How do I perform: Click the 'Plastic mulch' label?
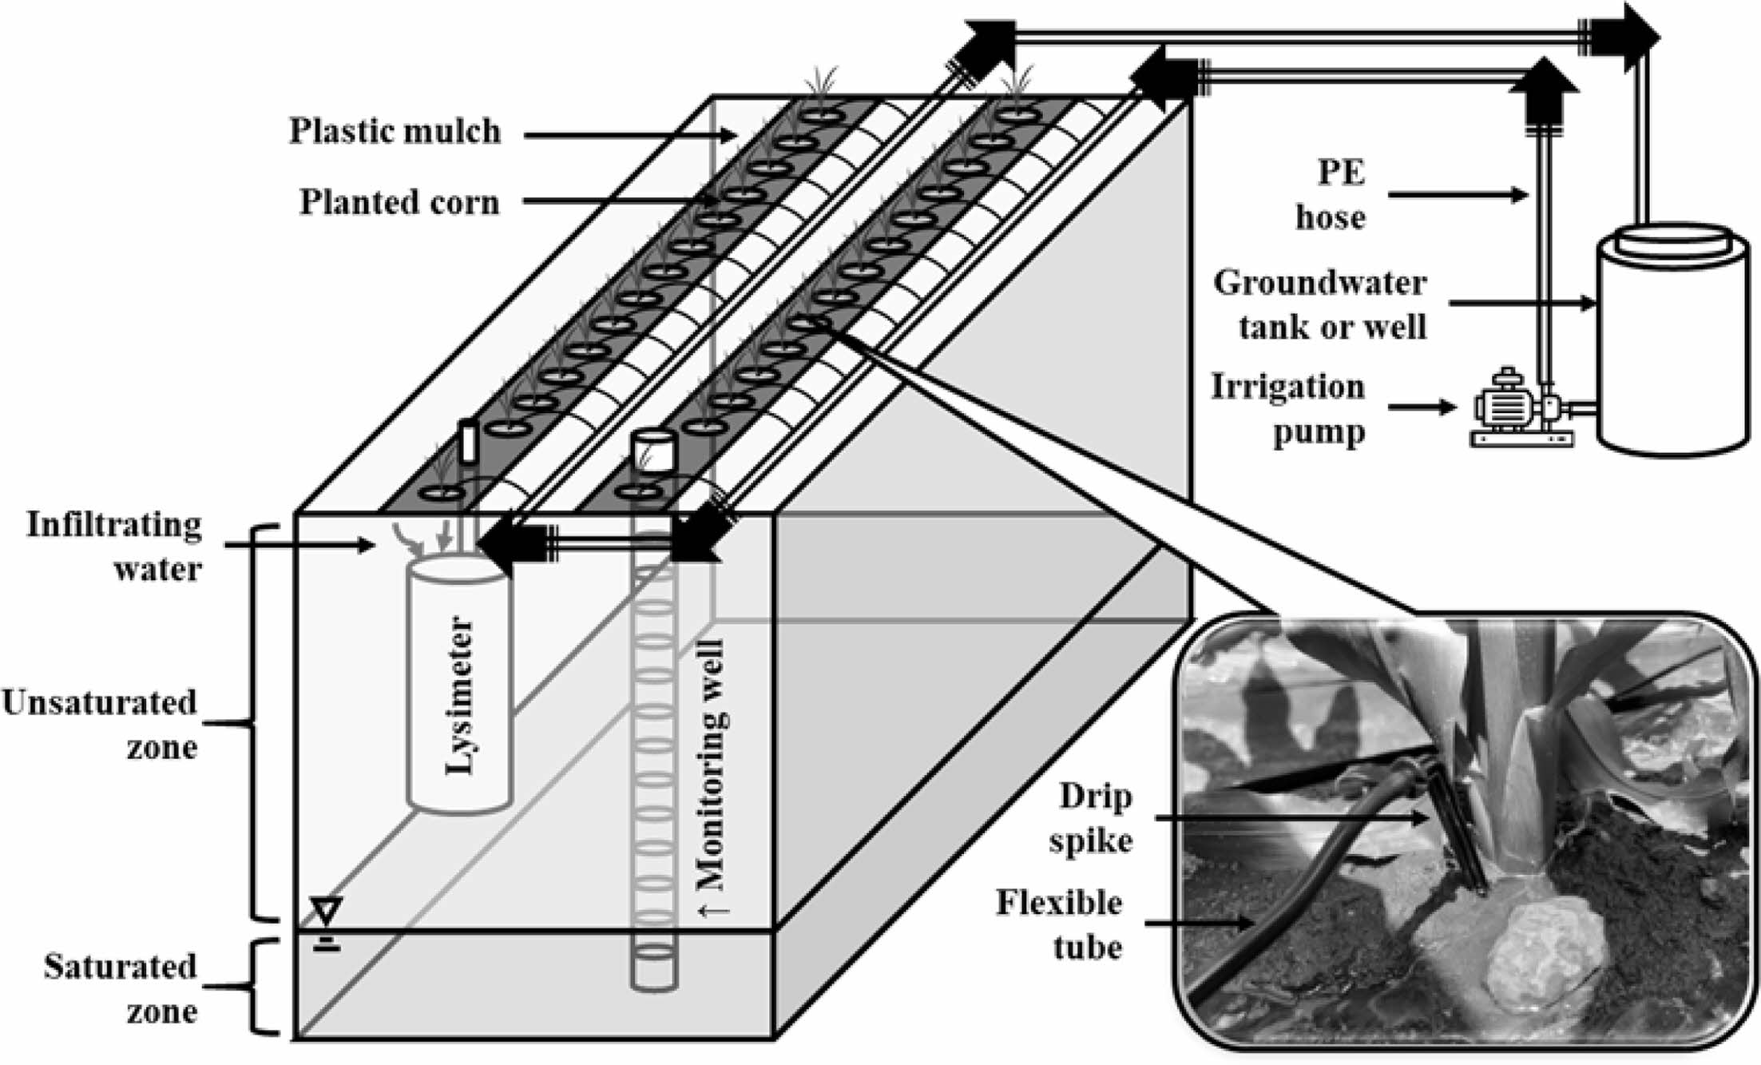[x=395, y=132]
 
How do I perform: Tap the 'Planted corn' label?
[x=399, y=203]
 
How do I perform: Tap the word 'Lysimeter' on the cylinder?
[x=460, y=695]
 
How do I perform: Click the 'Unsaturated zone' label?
[x=101, y=725]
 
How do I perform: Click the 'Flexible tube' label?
[x=1060, y=925]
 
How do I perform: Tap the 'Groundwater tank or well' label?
[x=1319, y=304]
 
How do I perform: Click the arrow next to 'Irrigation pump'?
[x=1422, y=407]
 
